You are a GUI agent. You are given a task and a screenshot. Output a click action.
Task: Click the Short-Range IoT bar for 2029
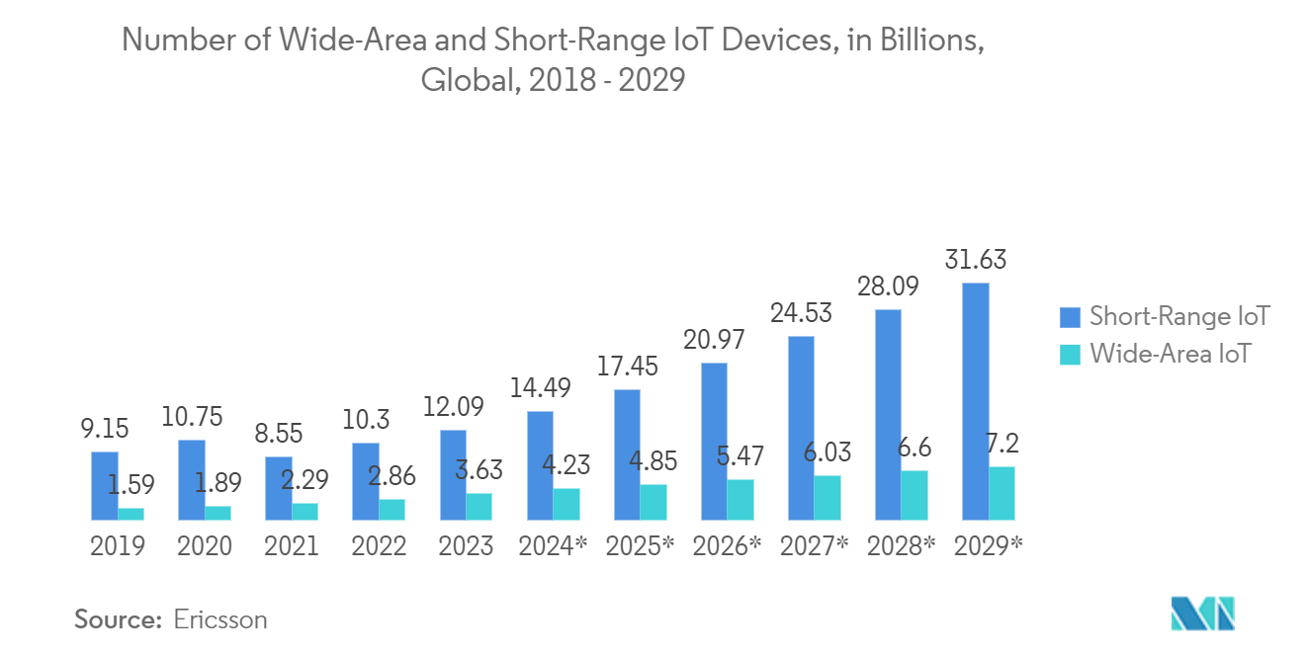point(975,401)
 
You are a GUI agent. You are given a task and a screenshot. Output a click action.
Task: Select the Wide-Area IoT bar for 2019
point(130,514)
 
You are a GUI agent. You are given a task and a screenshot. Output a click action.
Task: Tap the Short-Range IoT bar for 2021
point(279,488)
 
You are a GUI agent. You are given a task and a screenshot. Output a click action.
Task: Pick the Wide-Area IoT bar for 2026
point(739,500)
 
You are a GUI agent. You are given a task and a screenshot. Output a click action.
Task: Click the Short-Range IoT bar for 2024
point(540,465)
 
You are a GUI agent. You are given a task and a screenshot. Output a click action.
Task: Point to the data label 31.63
point(975,260)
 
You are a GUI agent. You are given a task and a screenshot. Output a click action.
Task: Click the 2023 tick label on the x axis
point(466,546)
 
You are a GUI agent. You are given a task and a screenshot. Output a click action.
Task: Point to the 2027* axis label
point(814,546)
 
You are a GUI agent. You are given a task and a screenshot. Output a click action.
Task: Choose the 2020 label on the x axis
point(205,546)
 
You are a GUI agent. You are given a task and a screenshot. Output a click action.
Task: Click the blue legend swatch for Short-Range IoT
point(1070,317)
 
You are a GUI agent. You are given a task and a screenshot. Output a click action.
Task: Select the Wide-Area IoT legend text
point(1170,354)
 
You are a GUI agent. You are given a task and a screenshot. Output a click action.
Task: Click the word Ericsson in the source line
point(220,620)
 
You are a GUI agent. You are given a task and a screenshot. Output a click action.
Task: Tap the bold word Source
point(118,620)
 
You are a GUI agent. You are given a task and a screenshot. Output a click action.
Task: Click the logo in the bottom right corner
point(1202,615)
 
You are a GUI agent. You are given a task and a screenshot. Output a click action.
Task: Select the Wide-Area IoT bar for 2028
point(913,495)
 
